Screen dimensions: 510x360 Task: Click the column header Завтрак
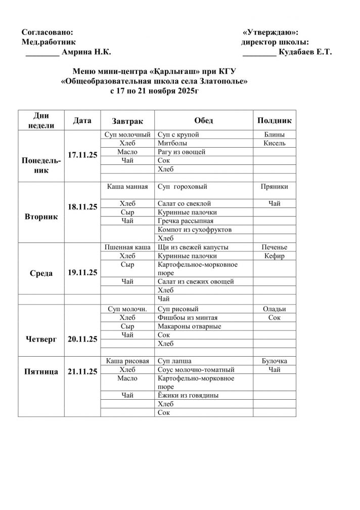point(127,121)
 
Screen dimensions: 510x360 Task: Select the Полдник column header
point(275,121)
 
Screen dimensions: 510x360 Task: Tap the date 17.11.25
point(82,156)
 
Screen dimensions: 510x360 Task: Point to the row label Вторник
point(41,217)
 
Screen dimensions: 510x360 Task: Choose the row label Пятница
point(41,371)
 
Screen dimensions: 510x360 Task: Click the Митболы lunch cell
point(170,143)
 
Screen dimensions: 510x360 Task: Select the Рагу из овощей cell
point(181,152)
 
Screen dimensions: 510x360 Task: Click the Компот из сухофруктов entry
point(195,230)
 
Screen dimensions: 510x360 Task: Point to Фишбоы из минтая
point(188,317)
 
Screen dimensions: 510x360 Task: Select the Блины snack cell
point(275,135)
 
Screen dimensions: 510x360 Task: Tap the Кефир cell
point(275,256)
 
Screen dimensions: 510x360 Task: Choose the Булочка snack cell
point(275,361)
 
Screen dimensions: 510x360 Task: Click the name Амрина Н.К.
point(85,52)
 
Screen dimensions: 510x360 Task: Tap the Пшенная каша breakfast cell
point(127,247)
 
